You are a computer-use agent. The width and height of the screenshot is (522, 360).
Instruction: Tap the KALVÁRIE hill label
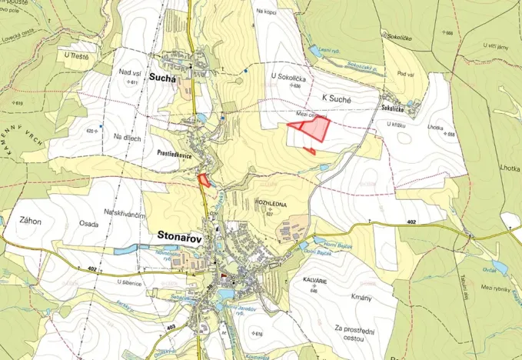(x=314, y=282)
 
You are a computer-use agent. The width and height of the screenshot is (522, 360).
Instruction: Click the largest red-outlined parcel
(x=314, y=128)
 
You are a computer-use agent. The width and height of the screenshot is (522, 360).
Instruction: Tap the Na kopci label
(x=267, y=12)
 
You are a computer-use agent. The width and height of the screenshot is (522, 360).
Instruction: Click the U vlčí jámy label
(x=497, y=45)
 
